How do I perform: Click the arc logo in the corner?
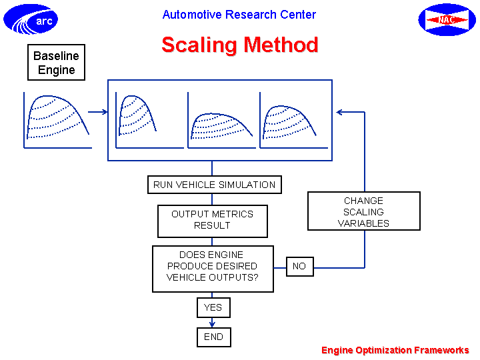tap(31, 19)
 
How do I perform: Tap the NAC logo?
tap(447, 19)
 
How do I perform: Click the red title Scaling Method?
tap(240, 45)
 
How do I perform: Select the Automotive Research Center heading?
tap(239, 15)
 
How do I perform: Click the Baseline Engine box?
tap(56, 63)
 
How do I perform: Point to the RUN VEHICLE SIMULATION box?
tap(214, 185)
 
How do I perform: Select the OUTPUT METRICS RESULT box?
tap(213, 221)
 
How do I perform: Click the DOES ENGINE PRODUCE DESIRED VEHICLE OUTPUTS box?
tap(213, 269)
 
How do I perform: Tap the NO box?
tap(300, 266)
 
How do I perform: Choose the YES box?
tap(213, 307)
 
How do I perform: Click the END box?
tap(214, 337)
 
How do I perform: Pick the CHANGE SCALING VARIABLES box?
tap(364, 211)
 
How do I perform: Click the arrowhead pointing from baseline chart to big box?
tap(105, 112)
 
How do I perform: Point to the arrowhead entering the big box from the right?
tap(339, 112)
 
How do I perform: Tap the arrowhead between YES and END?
tap(212, 323)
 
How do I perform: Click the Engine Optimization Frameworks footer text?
tap(395, 350)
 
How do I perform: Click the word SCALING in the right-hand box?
tap(363, 212)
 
